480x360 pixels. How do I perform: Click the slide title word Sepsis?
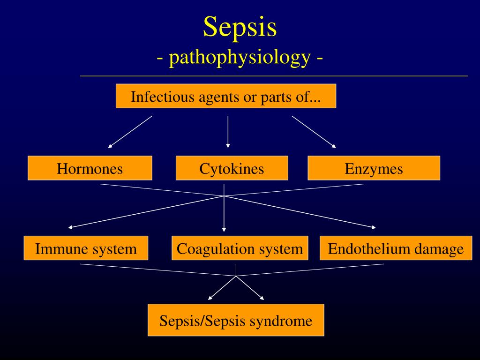point(240,27)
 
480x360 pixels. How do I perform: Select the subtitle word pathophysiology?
point(240,58)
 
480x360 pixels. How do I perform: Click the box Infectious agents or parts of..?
point(225,96)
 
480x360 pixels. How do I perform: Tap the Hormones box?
point(90,168)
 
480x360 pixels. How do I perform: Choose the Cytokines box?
point(232,168)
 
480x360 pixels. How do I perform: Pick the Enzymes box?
point(374,168)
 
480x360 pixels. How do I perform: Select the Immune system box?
point(86,248)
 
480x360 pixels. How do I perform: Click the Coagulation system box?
point(240,248)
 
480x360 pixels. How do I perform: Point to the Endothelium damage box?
point(396,248)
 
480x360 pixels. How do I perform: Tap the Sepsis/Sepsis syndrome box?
point(236,321)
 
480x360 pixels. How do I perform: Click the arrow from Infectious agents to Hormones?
point(130,132)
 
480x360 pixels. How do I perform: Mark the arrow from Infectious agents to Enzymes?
point(314,132)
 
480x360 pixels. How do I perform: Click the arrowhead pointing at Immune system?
point(70,227)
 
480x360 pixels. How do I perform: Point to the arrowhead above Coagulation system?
point(224,229)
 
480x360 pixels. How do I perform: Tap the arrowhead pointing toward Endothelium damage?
point(374,228)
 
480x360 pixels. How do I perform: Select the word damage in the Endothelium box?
point(439,249)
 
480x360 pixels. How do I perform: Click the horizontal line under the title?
point(274,75)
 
